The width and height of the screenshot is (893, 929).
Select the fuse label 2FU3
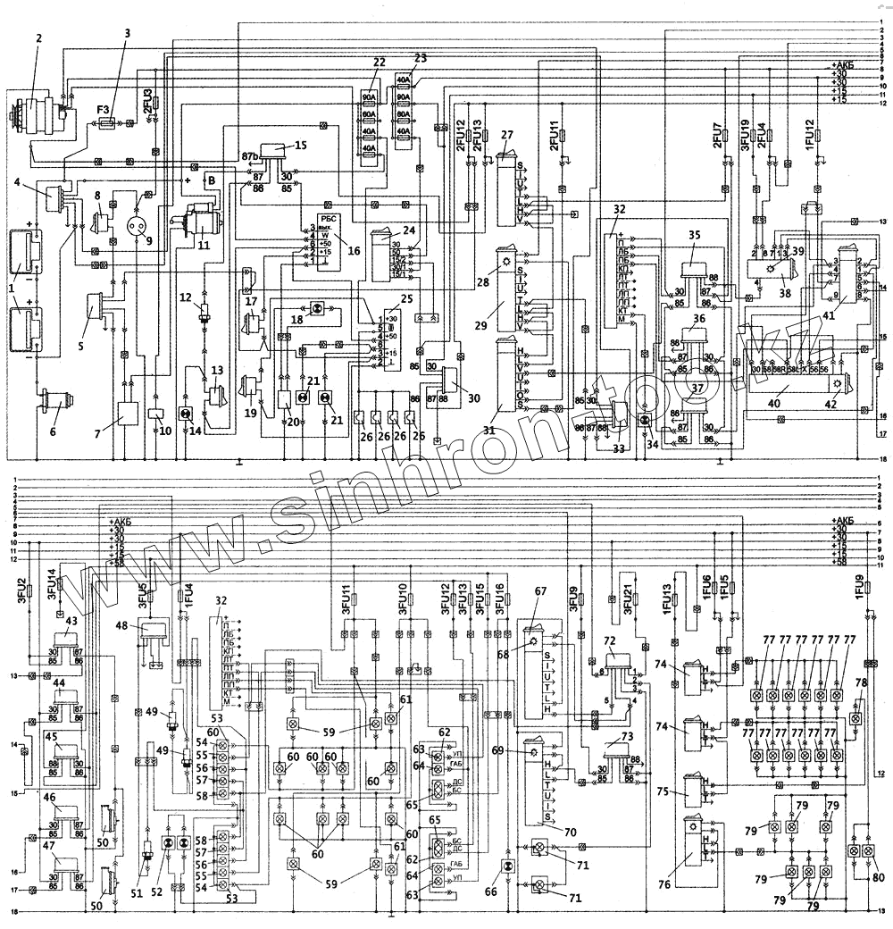coord(148,100)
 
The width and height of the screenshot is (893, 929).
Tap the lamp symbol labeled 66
coord(507,867)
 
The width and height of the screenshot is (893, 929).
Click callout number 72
coord(611,641)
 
